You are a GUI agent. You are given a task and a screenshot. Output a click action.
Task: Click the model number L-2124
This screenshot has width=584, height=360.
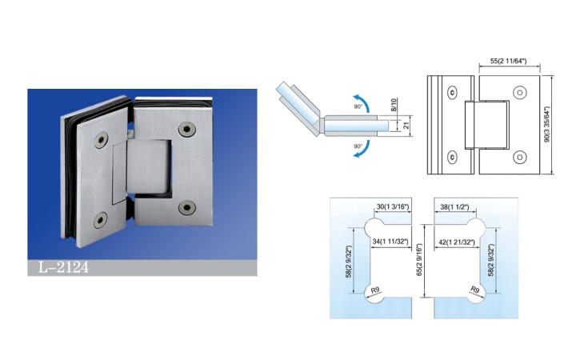pyautogui.click(x=64, y=267)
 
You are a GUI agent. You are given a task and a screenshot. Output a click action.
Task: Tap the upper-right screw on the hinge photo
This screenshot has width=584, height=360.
pyautogui.click(x=186, y=129)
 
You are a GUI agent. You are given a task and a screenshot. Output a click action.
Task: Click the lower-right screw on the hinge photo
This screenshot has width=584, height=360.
pyautogui.click(x=187, y=207)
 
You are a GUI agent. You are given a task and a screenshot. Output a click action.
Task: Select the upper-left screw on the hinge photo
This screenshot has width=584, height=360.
pyautogui.click(x=101, y=140)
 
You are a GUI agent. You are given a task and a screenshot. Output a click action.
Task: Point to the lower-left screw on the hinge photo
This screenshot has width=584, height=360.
pyautogui.click(x=100, y=220)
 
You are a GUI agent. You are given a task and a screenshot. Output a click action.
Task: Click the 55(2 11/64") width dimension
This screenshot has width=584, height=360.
pyautogui.click(x=508, y=61)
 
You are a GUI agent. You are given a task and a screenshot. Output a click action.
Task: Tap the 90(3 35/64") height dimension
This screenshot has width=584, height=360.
pyautogui.click(x=547, y=124)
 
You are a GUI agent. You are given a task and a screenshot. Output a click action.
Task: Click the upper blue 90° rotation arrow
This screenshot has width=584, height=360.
pyautogui.click(x=362, y=102)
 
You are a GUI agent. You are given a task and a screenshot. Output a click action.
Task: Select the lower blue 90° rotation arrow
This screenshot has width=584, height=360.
pyautogui.click(x=362, y=149)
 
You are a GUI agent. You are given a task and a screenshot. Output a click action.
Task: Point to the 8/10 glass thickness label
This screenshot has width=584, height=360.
pyautogui.click(x=394, y=106)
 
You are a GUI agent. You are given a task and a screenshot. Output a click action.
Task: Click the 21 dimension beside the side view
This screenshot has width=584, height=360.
pyautogui.click(x=406, y=125)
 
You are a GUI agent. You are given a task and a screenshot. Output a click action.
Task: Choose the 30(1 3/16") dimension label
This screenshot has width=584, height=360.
pyautogui.click(x=393, y=206)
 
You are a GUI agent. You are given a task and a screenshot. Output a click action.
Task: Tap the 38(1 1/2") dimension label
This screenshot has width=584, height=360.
pyautogui.click(x=454, y=207)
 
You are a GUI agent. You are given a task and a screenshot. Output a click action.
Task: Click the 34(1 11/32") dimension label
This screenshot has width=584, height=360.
pyautogui.click(x=390, y=242)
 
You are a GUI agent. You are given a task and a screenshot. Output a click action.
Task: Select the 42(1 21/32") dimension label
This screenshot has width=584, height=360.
pyautogui.click(x=457, y=242)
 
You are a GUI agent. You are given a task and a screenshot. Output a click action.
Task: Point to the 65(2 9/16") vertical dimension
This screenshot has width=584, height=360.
pyautogui.click(x=419, y=260)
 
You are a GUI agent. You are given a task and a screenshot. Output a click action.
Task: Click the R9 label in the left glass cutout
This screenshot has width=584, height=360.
pyautogui.click(x=375, y=290)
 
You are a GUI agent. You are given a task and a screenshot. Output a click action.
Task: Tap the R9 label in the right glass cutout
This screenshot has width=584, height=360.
pyautogui.click(x=475, y=290)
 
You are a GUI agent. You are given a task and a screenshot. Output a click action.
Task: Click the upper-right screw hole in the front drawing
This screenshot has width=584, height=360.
pyautogui.click(x=519, y=92)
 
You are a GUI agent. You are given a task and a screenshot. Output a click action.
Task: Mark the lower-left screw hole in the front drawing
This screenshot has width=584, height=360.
pyautogui.click(x=453, y=157)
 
